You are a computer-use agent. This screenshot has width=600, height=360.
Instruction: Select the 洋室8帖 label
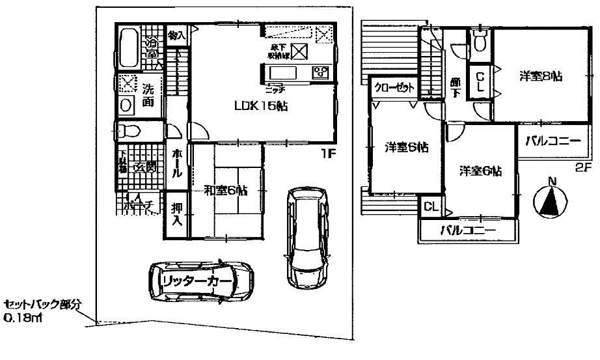(x=540, y=77)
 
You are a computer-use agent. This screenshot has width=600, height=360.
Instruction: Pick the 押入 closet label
(x=176, y=214)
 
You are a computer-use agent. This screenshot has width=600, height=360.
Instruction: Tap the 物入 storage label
(x=176, y=36)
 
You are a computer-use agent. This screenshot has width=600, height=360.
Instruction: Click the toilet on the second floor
(x=480, y=42)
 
